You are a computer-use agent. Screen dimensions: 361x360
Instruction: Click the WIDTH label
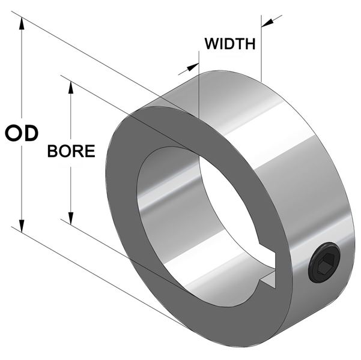(230, 44)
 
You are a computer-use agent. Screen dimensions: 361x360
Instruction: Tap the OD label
(22, 133)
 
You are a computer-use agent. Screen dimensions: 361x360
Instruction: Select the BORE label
(71, 151)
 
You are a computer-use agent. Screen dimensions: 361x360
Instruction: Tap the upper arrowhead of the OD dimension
(22, 23)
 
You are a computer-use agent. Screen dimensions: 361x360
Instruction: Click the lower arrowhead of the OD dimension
(22, 226)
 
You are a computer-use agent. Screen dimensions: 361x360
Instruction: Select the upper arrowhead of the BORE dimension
(71, 88)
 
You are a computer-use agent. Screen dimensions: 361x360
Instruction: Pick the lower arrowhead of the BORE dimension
(71, 218)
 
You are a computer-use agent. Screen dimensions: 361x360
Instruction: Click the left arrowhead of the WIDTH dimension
(193, 67)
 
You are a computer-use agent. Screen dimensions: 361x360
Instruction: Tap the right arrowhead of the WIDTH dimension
(267, 23)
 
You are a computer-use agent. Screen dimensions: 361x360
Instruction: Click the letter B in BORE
(52, 151)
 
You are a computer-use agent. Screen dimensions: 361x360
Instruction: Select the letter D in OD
(31, 133)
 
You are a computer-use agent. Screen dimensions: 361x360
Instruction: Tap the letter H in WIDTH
(250, 44)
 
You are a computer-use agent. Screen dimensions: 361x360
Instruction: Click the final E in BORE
(91, 151)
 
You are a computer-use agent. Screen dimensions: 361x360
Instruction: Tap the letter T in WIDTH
(240, 44)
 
